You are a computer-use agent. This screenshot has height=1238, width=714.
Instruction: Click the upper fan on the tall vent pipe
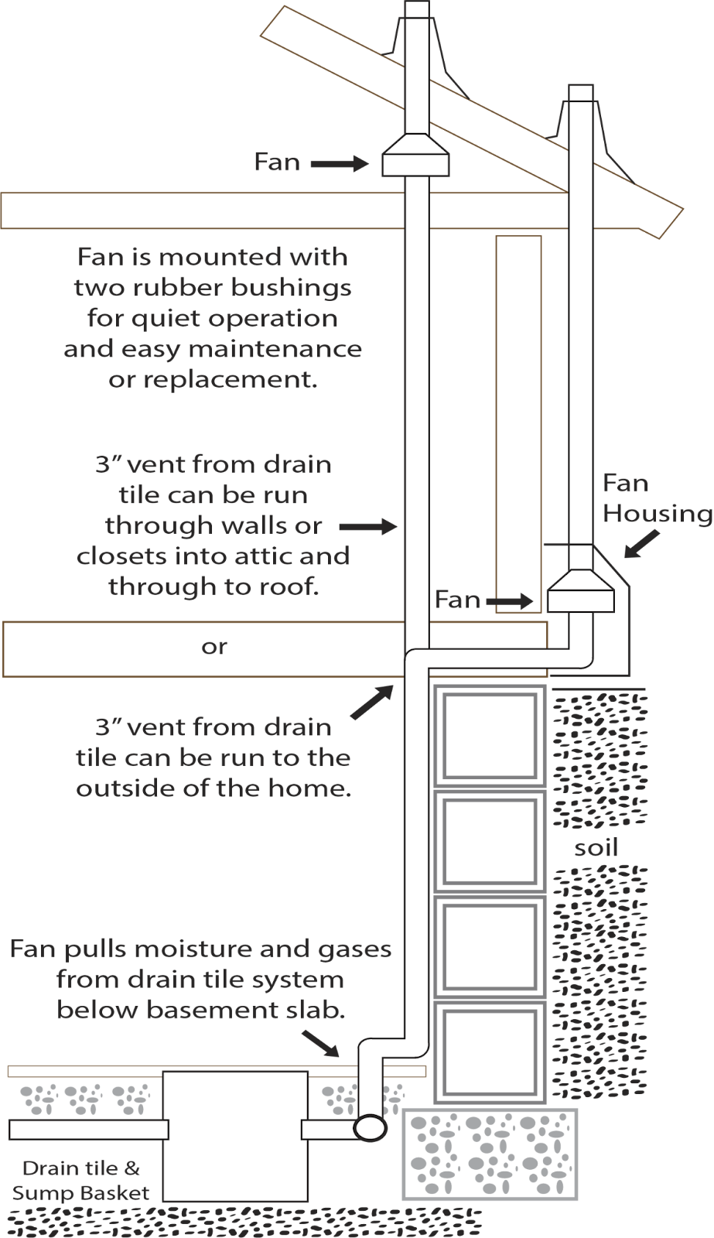pos(415,157)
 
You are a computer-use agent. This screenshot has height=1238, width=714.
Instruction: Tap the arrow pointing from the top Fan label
pos(340,163)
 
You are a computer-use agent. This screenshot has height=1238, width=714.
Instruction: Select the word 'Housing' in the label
pos(657,514)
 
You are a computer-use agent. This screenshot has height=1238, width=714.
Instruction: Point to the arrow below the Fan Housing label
pos(642,543)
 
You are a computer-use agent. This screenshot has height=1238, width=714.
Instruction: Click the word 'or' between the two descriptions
pos(214,647)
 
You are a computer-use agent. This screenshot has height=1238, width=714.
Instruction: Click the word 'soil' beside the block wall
pos(596,848)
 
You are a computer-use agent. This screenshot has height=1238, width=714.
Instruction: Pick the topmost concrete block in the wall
pos(489,736)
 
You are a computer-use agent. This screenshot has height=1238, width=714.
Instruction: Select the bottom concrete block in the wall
pos(489,1052)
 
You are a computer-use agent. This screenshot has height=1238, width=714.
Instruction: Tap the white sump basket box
pos(235,1135)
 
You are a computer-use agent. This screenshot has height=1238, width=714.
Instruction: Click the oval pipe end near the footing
pos(370,1127)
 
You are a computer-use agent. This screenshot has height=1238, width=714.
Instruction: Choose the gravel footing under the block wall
pos(490,1154)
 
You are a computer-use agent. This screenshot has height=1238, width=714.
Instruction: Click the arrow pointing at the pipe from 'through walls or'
pos(368,527)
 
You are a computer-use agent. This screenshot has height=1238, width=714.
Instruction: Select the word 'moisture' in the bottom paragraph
pos(186,949)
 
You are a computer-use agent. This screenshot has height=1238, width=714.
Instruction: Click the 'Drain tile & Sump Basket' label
pos(81,1181)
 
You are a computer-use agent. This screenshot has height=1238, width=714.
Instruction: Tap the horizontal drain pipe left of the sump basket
pos(88,1130)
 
